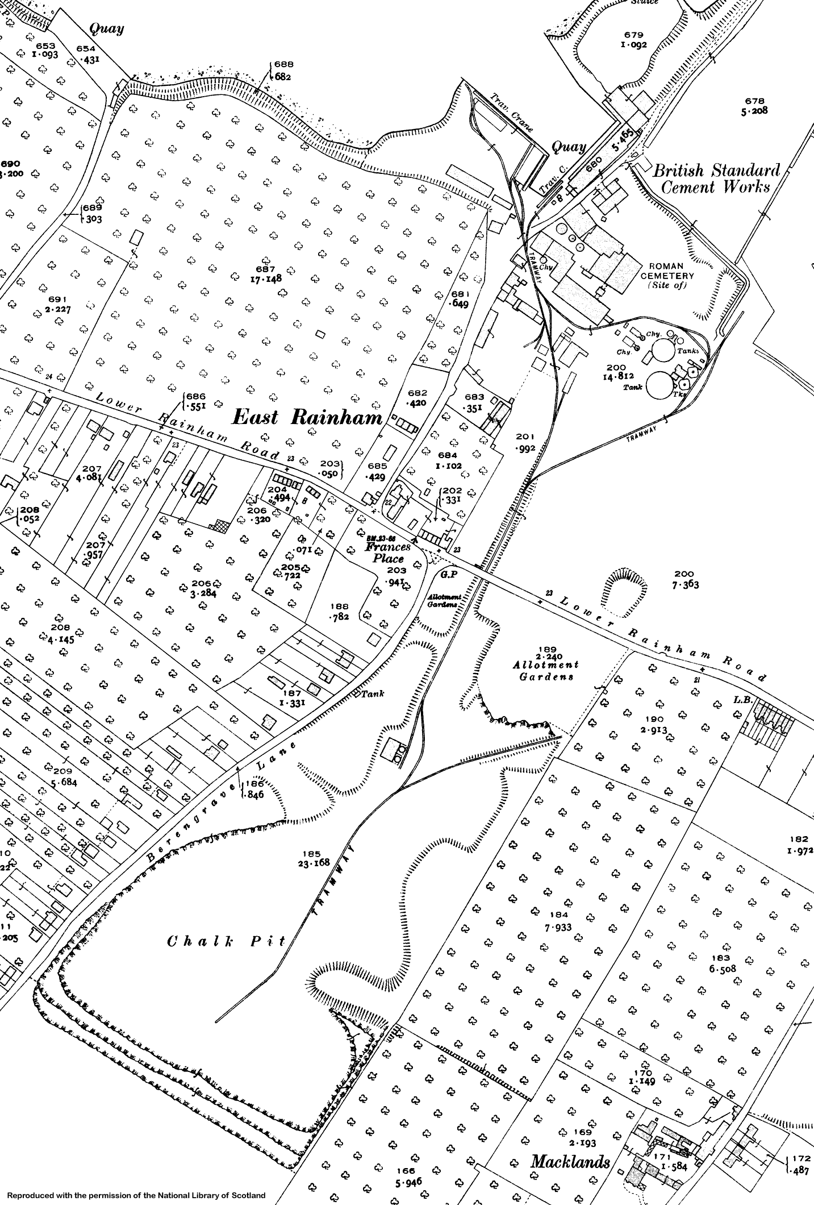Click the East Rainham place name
tap(307, 418)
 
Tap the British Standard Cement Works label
tap(716, 178)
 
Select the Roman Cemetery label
tap(667, 275)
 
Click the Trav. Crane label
tap(512, 113)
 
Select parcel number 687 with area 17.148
tap(265, 274)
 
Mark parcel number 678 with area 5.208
tap(754, 106)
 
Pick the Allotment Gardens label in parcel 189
tap(545, 670)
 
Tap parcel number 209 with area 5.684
tap(62, 776)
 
